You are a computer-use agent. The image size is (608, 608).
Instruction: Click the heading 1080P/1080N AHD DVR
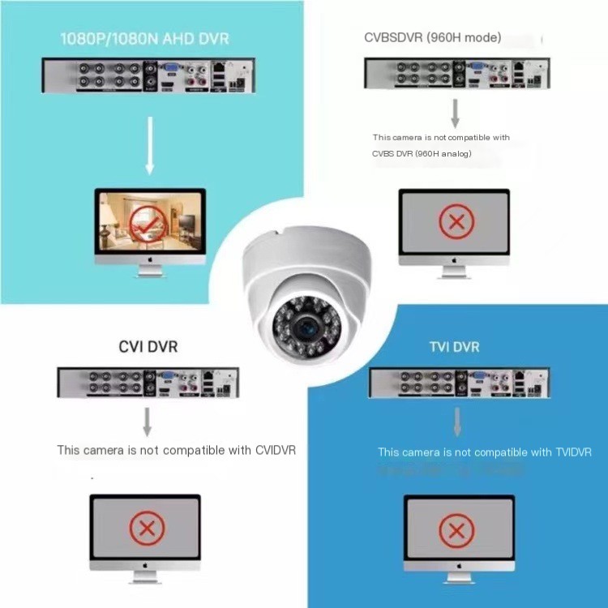pyautogui.click(x=143, y=37)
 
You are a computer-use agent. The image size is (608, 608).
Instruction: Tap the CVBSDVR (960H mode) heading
pyautogui.click(x=433, y=37)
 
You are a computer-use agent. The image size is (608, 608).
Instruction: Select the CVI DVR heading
pyautogui.click(x=148, y=346)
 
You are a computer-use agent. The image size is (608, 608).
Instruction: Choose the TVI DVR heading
pyautogui.click(x=454, y=347)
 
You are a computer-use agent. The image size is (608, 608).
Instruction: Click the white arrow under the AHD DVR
pyautogui.click(x=150, y=145)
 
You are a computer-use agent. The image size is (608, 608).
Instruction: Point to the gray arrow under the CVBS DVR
pyautogui.click(x=455, y=113)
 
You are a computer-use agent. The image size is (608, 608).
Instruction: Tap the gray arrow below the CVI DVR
pyautogui.click(x=148, y=421)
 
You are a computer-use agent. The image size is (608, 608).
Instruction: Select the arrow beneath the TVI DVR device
pyautogui.click(x=457, y=422)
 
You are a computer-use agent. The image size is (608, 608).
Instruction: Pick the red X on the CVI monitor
pyautogui.click(x=147, y=529)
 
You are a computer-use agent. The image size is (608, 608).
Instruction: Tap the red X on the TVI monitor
pyautogui.click(x=456, y=531)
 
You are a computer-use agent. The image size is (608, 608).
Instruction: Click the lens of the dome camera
pyautogui.click(x=307, y=328)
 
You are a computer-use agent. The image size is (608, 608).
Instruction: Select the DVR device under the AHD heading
pyautogui.click(x=148, y=76)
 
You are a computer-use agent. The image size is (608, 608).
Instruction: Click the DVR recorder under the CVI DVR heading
pyautogui.click(x=148, y=383)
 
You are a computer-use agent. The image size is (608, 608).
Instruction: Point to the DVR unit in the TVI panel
pyautogui.click(x=459, y=383)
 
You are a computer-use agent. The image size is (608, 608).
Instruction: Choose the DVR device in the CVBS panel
pyautogui.click(x=454, y=73)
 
